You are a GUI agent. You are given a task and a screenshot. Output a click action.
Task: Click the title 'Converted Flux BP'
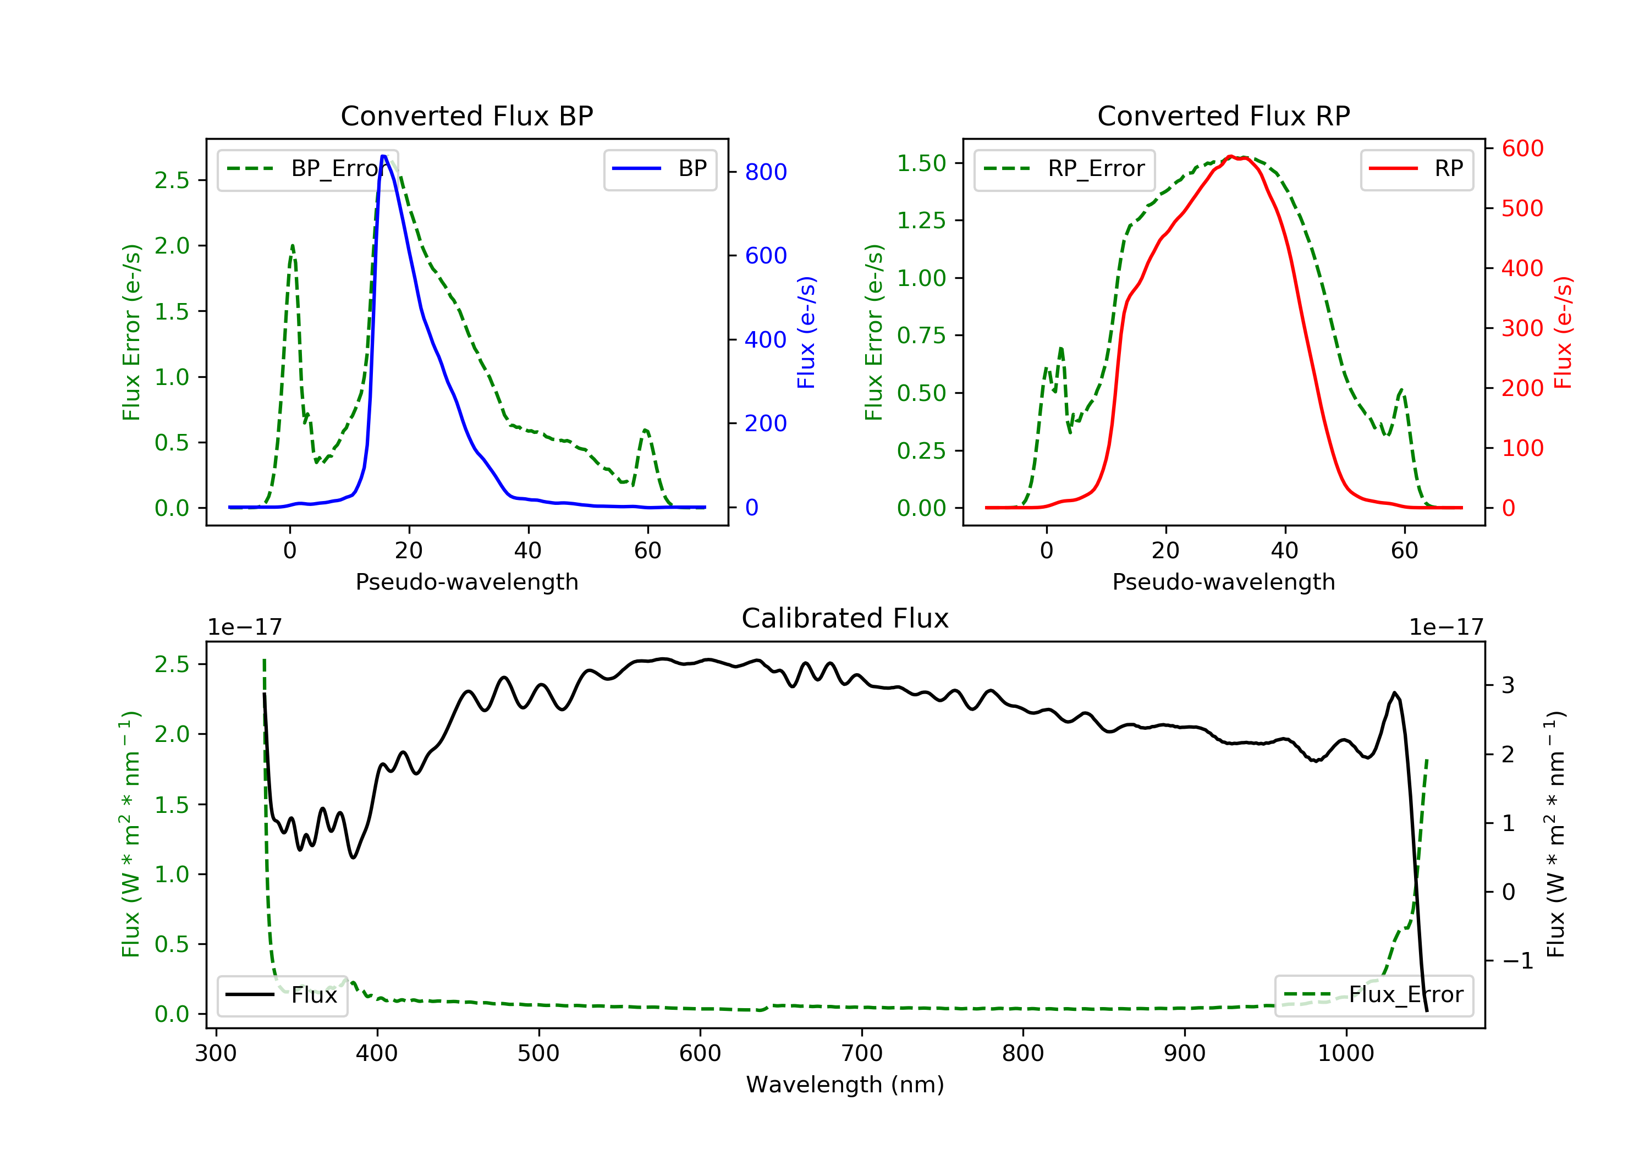[x=466, y=116]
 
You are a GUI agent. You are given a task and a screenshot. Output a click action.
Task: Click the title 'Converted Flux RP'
[x=1223, y=116]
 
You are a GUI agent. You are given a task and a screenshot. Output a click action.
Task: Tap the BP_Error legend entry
[x=307, y=169]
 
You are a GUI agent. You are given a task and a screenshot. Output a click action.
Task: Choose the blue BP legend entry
[x=659, y=169]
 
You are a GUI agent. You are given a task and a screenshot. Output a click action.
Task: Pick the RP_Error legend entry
[x=1064, y=169]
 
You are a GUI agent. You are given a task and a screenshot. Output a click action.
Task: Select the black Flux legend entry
[x=283, y=995]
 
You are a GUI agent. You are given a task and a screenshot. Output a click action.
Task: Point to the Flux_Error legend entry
[x=1373, y=995]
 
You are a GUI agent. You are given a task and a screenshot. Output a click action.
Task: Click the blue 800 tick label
[x=766, y=172]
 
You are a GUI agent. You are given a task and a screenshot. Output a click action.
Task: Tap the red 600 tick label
[x=1522, y=149]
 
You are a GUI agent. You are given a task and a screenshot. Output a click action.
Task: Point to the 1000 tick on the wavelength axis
[x=1345, y=1054]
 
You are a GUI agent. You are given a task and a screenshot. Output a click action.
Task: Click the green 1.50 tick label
[x=921, y=163]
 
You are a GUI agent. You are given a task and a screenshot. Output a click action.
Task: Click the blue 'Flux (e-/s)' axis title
[x=806, y=332]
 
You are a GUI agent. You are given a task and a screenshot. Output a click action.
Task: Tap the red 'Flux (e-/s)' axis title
[x=1563, y=332]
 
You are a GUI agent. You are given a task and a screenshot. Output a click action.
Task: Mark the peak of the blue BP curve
[x=384, y=156]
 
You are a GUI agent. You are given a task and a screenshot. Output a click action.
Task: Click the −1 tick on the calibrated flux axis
[x=1517, y=961]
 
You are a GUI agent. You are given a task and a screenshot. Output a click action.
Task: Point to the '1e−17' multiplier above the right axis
[x=1445, y=628]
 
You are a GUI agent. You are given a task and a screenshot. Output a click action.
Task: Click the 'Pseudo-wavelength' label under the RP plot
[x=1223, y=581]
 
